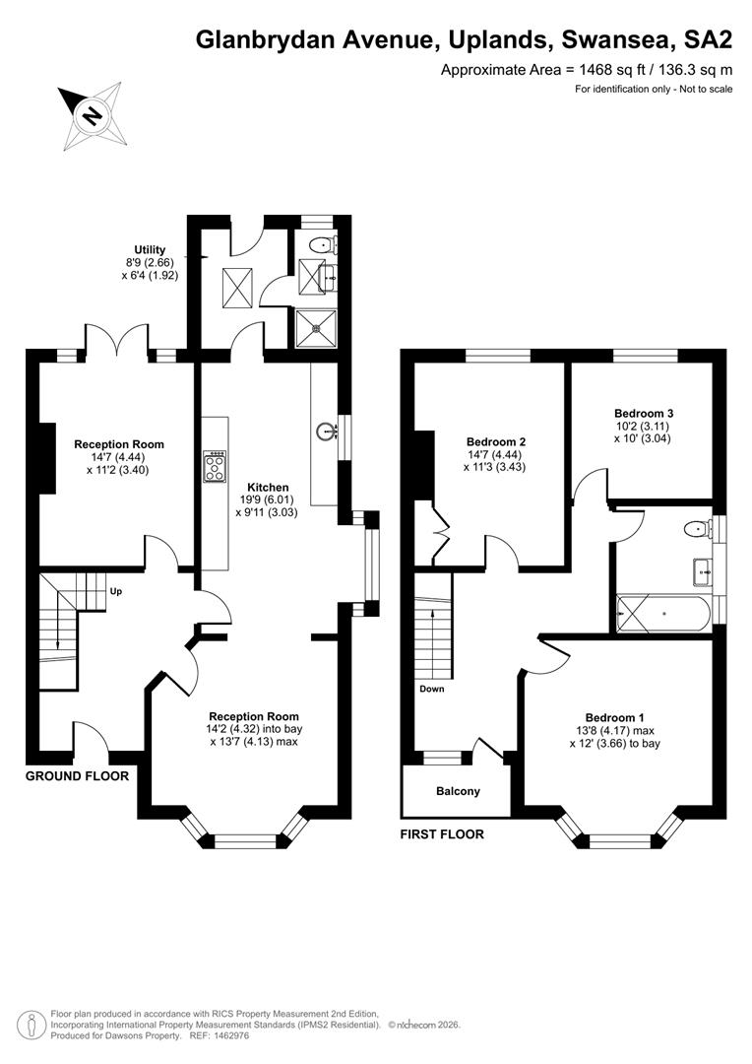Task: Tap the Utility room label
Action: (x=150, y=249)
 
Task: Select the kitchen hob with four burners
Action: (x=215, y=466)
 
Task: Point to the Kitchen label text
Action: (x=268, y=488)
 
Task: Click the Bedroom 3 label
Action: (x=644, y=413)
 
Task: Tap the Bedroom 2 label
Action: (x=496, y=441)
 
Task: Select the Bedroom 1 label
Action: (x=615, y=718)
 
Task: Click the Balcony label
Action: (x=459, y=791)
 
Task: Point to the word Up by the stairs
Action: (x=116, y=592)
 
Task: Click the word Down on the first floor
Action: (x=432, y=689)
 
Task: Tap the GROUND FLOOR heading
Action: (x=77, y=775)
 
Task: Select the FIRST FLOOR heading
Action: (x=442, y=834)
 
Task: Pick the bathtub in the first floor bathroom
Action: (x=663, y=614)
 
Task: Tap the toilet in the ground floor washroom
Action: (x=323, y=244)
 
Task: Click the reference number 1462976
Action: (x=230, y=1036)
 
